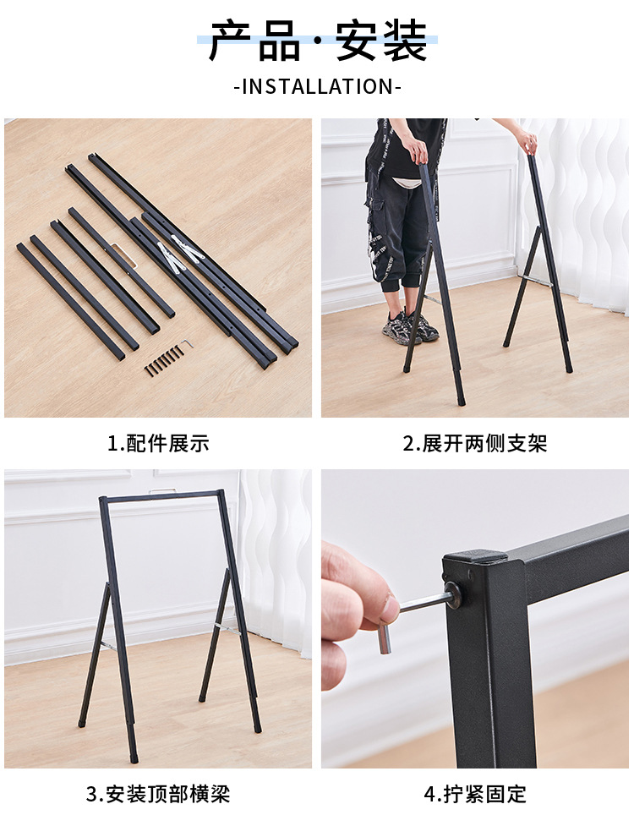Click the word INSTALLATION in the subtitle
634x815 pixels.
coord(317,86)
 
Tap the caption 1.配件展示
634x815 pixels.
coord(157,444)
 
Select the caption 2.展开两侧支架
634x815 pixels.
coord(474,444)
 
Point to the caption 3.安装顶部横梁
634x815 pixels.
coord(157,794)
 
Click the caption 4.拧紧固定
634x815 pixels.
coord(474,794)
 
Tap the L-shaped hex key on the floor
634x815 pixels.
coord(186,345)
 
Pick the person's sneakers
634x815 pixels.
coord(411,327)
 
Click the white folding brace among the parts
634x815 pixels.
coord(183,253)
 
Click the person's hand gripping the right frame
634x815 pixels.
coord(527,142)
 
